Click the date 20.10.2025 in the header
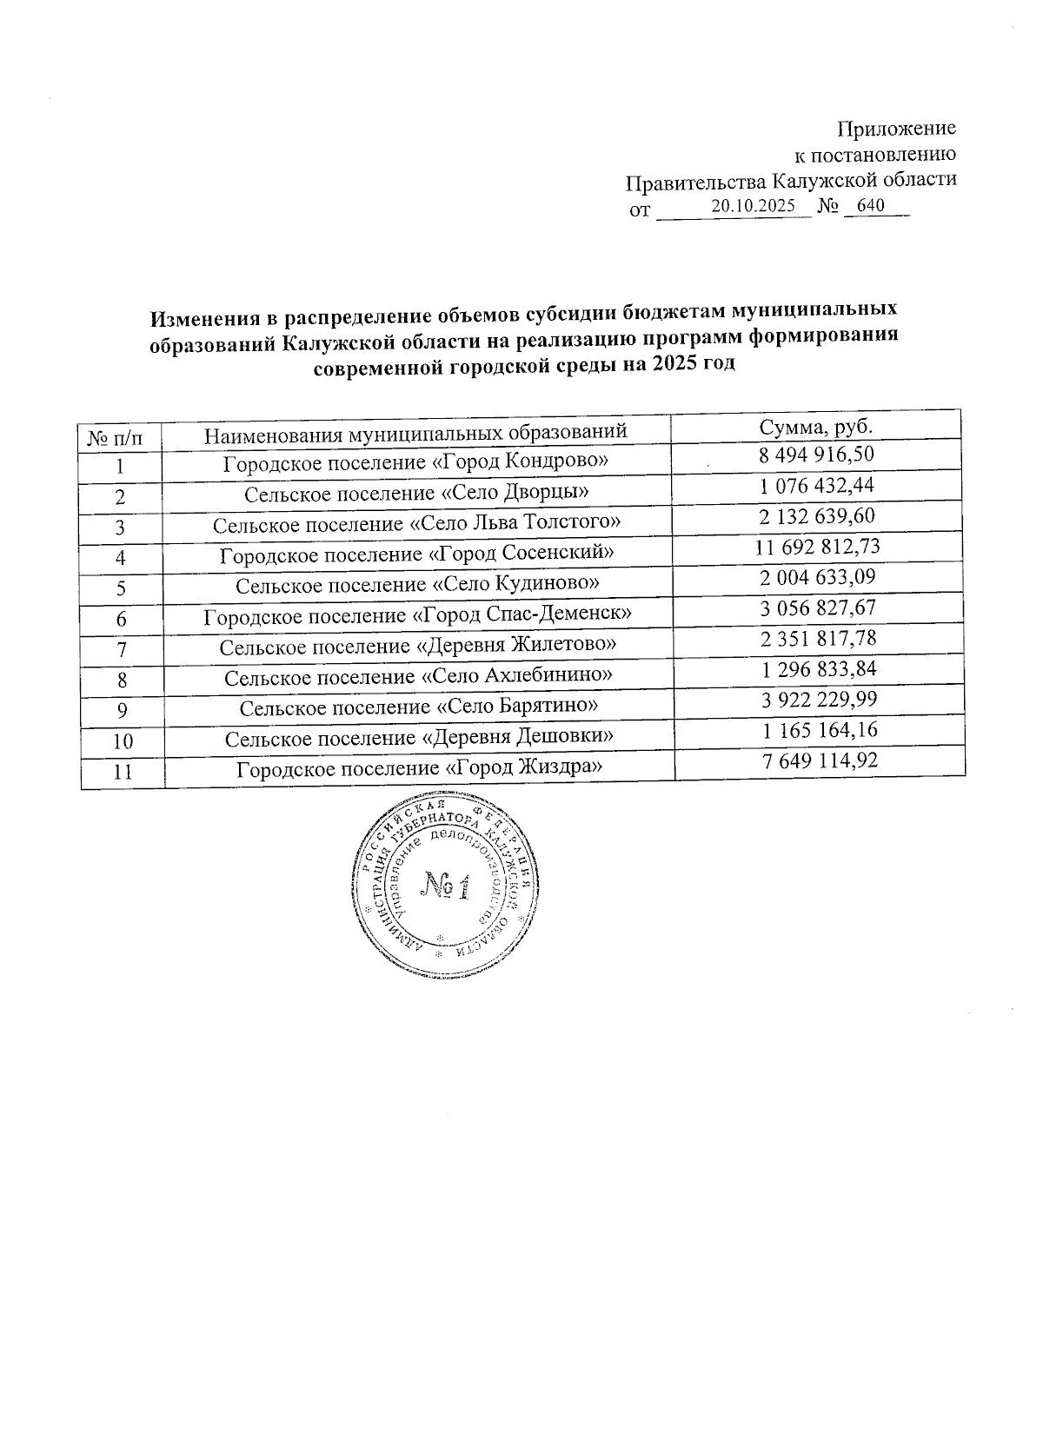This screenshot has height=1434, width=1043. (753, 207)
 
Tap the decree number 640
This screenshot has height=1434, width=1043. (869, 207)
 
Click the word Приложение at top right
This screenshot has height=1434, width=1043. (896, 129)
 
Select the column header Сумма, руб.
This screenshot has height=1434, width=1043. (816, 427)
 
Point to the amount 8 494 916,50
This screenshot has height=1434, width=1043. (817, 455)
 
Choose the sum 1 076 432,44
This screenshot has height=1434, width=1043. (817, 485)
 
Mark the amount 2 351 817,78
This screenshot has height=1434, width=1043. (818, 639)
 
